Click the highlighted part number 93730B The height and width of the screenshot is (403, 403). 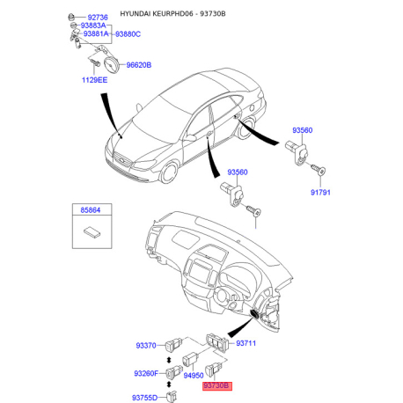pos(217,385)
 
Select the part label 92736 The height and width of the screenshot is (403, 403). pos(98,18)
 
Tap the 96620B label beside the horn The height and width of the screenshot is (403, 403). pos(139,65)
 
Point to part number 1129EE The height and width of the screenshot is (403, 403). pos(94,80)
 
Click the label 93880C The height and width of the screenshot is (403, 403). pos(128,34)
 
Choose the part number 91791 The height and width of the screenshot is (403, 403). pos(320,193)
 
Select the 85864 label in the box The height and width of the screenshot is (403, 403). pos(91,210)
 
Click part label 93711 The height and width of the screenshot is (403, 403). pos(245,343)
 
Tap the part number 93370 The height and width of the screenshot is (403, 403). pos(146,346)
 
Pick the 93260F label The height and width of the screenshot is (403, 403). pos(146,373)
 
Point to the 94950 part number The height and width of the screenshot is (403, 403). pos(194,375)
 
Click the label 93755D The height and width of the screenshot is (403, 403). pos(144,398)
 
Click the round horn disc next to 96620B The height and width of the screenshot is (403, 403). pos(112,65)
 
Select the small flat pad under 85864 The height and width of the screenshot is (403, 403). pos(92,232)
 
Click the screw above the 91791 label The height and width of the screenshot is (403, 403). pos(319,170)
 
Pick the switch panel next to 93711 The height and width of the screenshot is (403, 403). pos(216,341)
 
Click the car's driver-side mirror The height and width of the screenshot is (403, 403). pos(189,137)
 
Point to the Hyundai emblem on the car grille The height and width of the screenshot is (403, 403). pos(121,160)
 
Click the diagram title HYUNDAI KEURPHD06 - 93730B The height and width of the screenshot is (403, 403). pos(172,14)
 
